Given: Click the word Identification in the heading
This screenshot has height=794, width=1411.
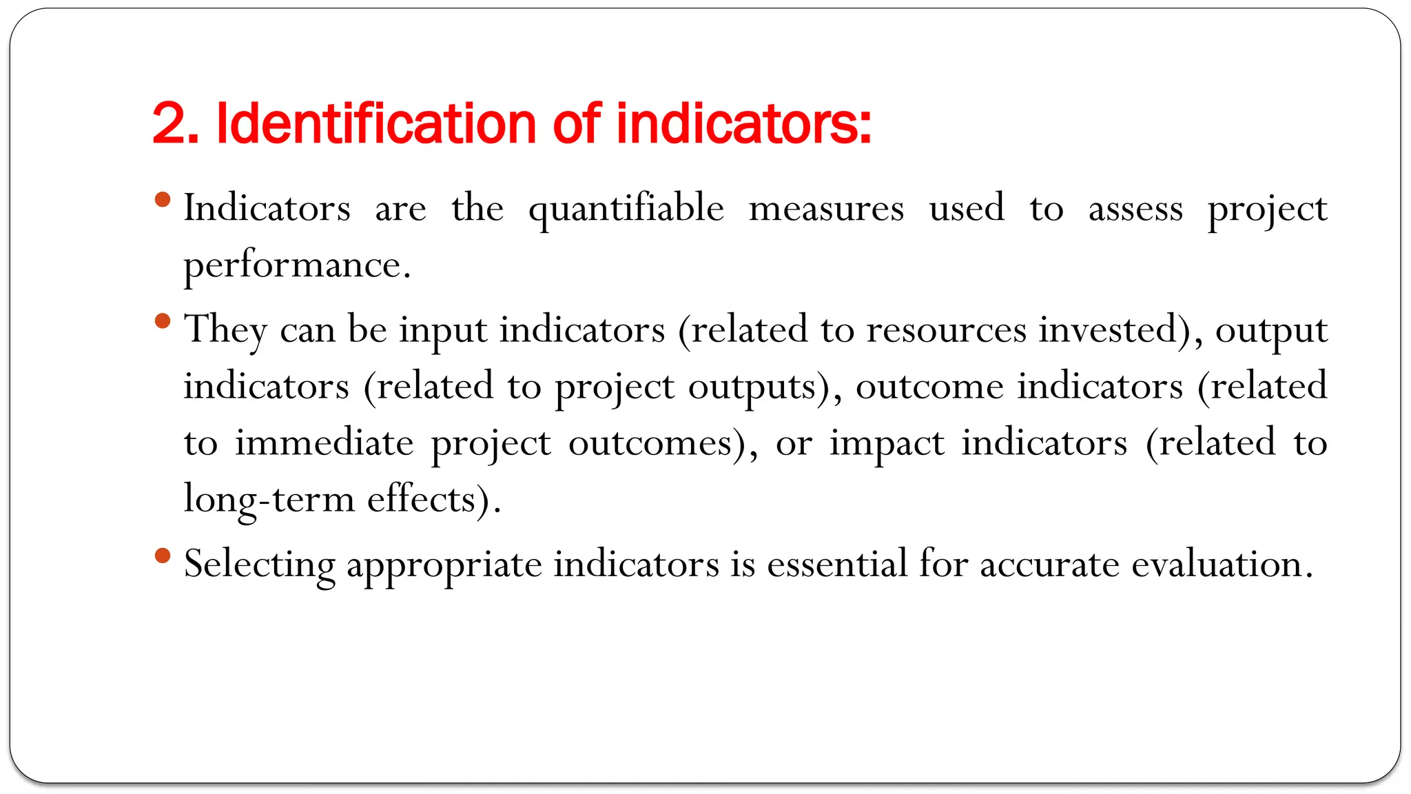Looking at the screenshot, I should [x=376, y=124].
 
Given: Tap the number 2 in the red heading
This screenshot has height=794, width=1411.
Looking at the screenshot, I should [x=168, y=124].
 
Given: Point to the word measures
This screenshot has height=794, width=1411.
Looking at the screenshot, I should [x=826, y=208].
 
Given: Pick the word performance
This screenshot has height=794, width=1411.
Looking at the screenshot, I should [x=297, y=266].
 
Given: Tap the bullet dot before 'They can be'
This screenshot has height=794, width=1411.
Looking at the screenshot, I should [x=163, y=320].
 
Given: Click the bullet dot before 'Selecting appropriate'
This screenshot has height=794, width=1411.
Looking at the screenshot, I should [x=163, y=556].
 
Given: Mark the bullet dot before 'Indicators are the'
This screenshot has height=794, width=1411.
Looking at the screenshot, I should [x=163, y=200].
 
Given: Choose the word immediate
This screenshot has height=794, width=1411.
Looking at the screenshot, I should [x=325, y=443].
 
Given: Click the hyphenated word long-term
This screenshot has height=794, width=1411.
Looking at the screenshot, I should [x=269, y=500].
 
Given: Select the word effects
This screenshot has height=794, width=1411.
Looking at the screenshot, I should [x=422, y=500].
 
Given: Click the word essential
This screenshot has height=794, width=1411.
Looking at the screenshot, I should [x=837, y=564].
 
